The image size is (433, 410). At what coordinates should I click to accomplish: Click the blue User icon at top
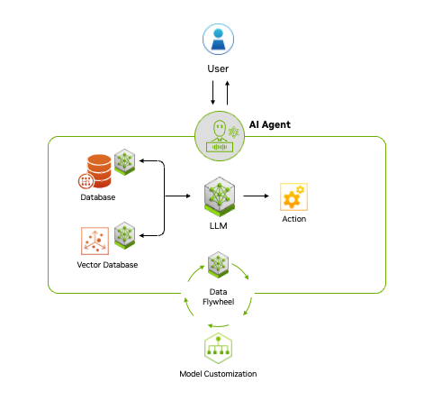[x=217, y=40]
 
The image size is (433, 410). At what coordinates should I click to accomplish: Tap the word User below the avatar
[x=217, y=68]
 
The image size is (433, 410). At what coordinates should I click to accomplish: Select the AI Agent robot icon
[x=218, y=135]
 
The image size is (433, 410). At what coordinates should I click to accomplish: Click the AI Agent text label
[x=271, y=124]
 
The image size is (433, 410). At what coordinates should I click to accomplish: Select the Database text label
[x=97, y=196]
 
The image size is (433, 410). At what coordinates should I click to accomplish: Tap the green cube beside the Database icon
[x=124, y=162]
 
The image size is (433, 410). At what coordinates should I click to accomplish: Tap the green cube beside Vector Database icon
[x=124, y=235]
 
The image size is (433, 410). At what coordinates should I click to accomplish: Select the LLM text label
[x=218, y=225]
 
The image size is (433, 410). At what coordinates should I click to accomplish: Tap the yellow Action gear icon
[x=293, y=196]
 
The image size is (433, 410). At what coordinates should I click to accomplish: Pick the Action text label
[x=293, y=219]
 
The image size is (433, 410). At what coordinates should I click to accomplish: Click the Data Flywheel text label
[x=217, y=296]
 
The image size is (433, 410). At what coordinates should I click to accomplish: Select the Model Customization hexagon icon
[x=217, y=348]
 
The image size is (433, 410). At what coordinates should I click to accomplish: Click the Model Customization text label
[x=217, y=374]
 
